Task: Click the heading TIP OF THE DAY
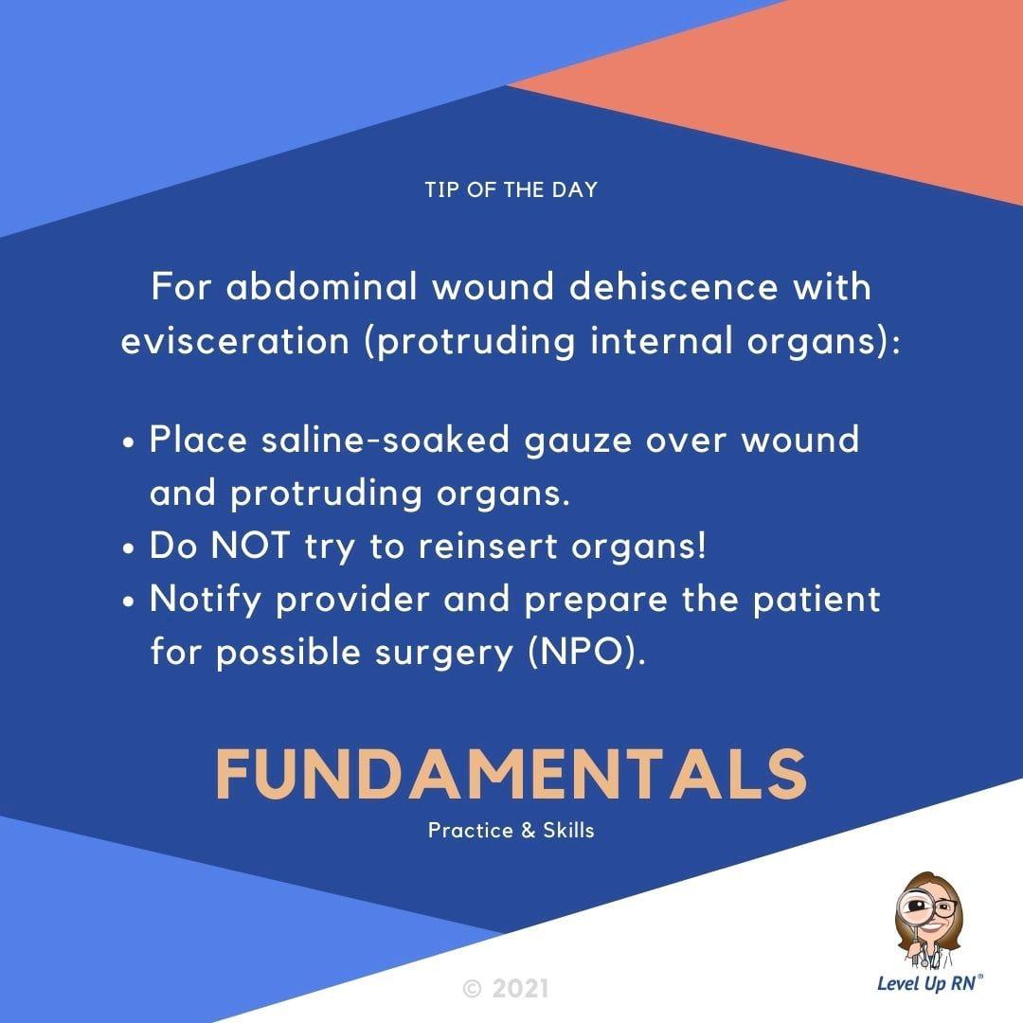tap(511, 189)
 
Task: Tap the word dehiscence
tap(674, 287)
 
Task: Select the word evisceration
tap(236, 341)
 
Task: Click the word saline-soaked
tap(385, 440)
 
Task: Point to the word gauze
tap(578, 441)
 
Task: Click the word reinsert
tap(488, 546)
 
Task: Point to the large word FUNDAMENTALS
tap(511, 774)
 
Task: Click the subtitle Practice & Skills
tap(511, 831)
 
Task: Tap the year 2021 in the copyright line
tap(520, 988)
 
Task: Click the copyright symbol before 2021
tap(473, 989)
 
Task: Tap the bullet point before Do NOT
tap(129, 548)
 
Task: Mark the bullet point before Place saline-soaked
tap(129, 442)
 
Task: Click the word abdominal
tap(321, 287)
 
